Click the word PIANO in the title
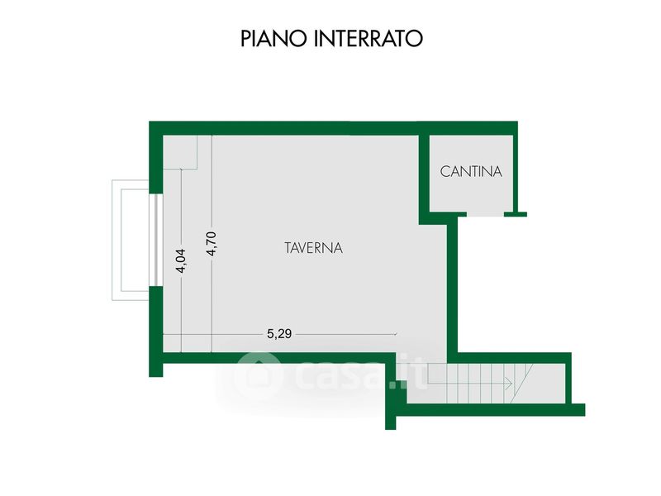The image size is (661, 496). click(x=275, y=38)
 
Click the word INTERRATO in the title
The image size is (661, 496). click(x=368, y=38)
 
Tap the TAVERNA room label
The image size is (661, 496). click(x=314, y=248)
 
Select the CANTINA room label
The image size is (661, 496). click(x=471, y=172)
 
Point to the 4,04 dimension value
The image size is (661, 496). click(x=181, y=261)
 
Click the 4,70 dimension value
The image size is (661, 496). click(x=212, y=243)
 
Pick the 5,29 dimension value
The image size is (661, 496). click(x=279, y=334)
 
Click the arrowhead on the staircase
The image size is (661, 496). click(x=509, y=384)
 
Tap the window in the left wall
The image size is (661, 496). click(x=156, y=240)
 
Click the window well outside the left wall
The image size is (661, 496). click(x=131, y=240)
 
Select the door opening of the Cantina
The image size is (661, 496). click(x=485, y=214)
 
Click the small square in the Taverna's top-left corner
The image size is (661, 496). click(x=180, y=152)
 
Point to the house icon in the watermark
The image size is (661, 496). click(x=258, y=374)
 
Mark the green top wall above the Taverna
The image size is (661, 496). click(x=333, y=128)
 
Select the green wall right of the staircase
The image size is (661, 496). click(x=568, y=378)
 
